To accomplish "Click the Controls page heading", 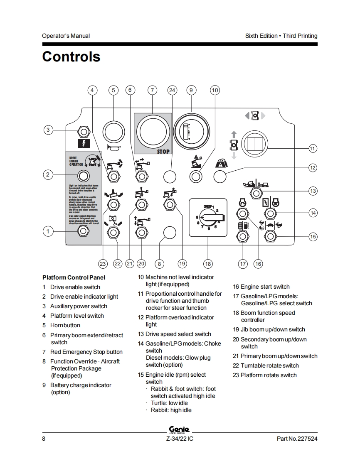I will coord(71,56).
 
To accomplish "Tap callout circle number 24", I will coord(172,90).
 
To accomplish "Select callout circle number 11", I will coord(313,148).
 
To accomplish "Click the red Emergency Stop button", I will coord(153,132).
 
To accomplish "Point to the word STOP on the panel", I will coord(163,152).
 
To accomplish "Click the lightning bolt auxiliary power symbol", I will coord(84,144).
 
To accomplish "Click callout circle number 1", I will coord(48,231).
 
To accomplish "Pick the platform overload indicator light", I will coord(219,177).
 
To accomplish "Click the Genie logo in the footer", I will coord(180,429).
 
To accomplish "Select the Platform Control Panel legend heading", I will coord(74,277).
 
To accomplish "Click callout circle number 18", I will coord(207,263).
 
